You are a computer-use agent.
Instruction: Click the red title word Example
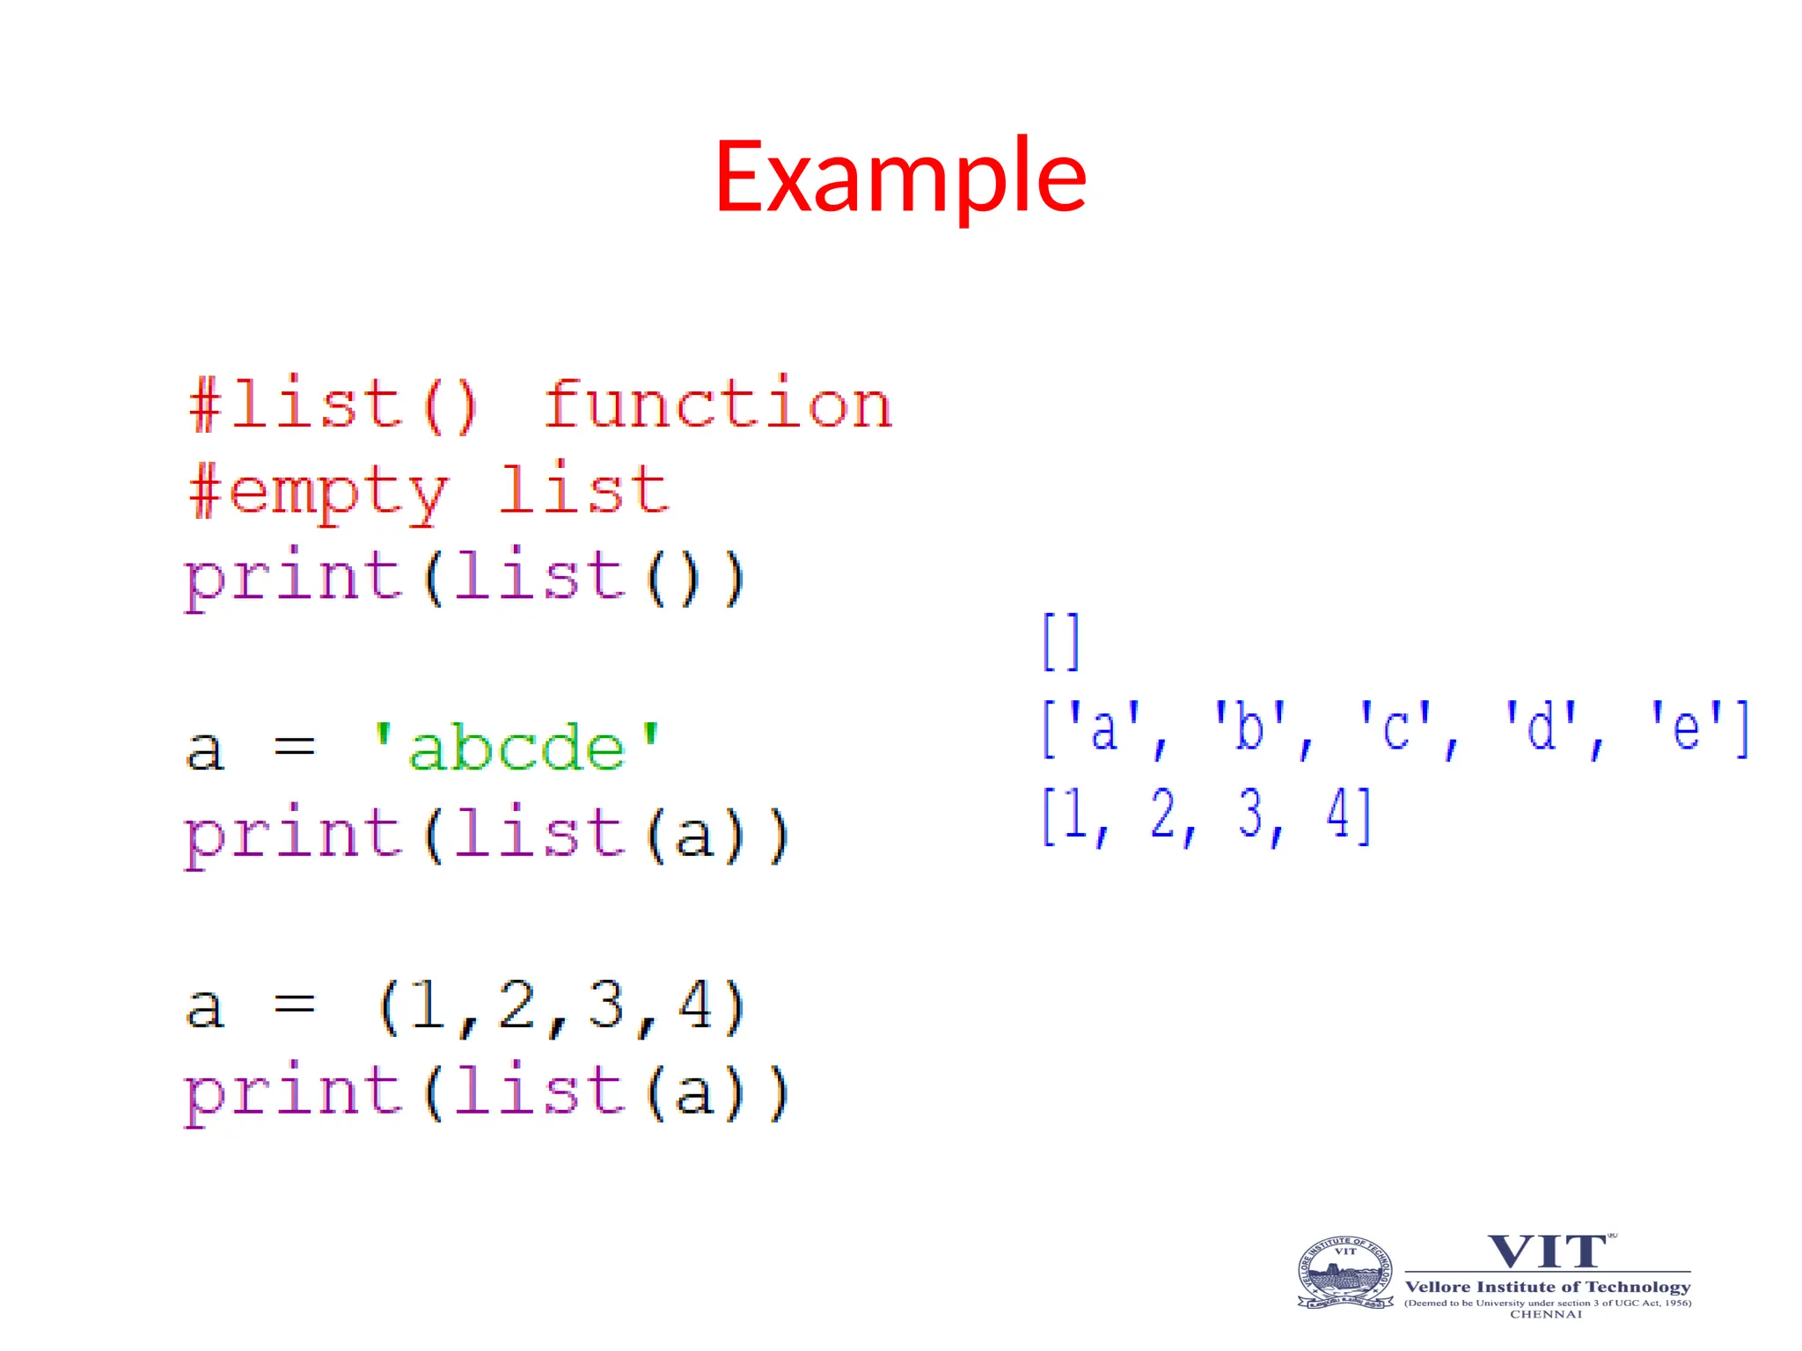point(900,178)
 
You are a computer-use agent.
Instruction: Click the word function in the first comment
point(718,405)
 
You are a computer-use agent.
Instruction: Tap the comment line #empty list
point(429,491)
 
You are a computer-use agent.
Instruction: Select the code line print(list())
point(465,578)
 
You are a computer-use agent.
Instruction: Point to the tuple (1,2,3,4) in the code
point(561,1006)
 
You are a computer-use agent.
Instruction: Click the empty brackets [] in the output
point(1060,642)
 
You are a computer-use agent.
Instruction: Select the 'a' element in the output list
point(1103,728)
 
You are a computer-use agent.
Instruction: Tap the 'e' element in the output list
point(1684,728)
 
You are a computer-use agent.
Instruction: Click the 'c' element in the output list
point(1395,728)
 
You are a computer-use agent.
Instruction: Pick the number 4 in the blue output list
point(1337,814)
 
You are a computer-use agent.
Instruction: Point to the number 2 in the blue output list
point(1162,814)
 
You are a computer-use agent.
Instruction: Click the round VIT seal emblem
point(1344,1273)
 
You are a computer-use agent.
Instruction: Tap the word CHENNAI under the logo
point(1546,1314)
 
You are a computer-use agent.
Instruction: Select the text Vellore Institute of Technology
point(1548,1287)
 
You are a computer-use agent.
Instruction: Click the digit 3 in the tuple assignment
point(606,1005)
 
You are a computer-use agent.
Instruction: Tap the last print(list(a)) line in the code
point(487,1092)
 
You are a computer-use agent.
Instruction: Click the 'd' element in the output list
point(1540,728)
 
